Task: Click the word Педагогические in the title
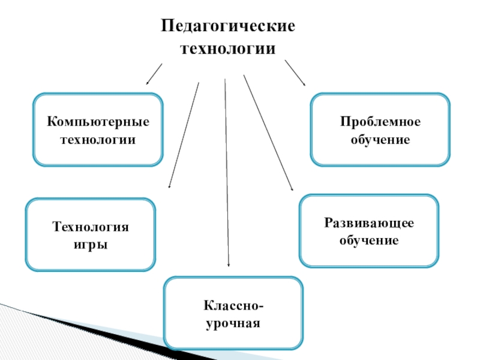point(228,27)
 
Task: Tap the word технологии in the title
point(228,49)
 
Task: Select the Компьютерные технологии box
point(98,130)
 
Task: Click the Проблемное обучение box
point(380,130)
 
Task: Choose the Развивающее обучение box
point(368,230)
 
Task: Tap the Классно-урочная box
point(233,313)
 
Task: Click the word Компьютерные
point(98,122)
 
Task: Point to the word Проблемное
point(380,122)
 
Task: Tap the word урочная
point(233,323)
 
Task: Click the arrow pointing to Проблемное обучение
point(295,72)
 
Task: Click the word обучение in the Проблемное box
point(380,139)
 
